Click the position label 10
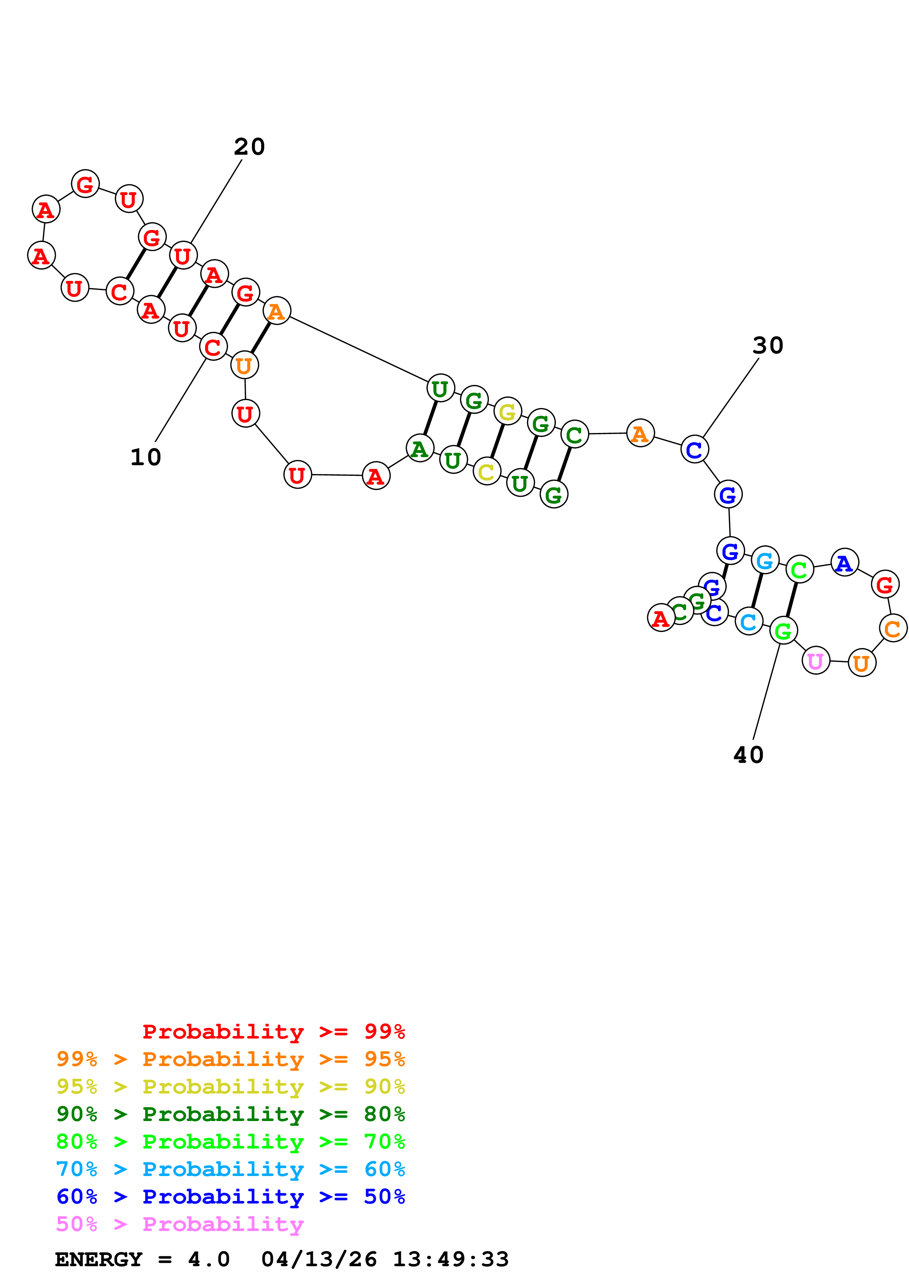point(146,458)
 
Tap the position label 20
point(249,147)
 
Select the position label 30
point(767,346)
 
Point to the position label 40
point(748,755)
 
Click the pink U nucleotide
point(815,661)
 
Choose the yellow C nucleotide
point(487,471)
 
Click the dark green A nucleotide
point(419,449)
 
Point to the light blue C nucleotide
point(749,621)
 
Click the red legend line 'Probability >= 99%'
point(273,1032)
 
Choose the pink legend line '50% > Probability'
point(180,1224)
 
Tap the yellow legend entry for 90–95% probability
point(230,1087)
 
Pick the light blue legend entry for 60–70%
point(230,1169)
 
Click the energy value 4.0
point(208,1260)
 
